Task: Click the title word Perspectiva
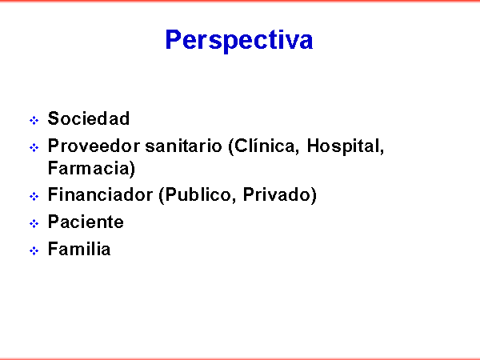click(x=239, y=40)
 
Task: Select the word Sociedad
click(x=89, y=118)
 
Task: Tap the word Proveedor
click(x=94, y=146)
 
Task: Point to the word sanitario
click(x=183, y=146)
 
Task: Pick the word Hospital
click(x=345, y=146)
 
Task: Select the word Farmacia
click(x=88, y=168)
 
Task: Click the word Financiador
click(x=101, y=194)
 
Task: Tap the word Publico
click(x=201, y=195)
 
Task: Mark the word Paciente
click(x=86, y=222)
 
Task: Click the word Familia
click(x=79, y=249)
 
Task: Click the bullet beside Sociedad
click(x=34, y=120)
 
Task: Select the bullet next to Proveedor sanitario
click(x=34, y=147)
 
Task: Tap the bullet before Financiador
click(x=34, y=196)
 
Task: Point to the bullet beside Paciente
click(x=34, y=223)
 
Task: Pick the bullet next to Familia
click(x=34, y=250)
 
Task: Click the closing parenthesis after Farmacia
click(x=132, y=169)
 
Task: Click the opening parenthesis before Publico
click(x=162, y=196)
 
